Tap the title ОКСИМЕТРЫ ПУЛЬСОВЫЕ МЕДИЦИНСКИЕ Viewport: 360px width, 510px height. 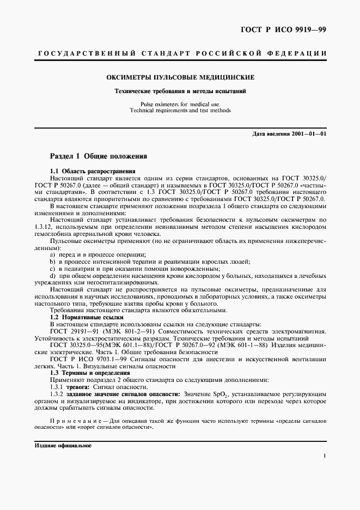[180, 78]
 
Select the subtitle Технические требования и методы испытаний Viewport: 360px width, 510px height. [180, 91]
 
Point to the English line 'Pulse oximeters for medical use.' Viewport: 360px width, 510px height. [180, 104]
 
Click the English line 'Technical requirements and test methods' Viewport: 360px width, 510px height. [180, 110]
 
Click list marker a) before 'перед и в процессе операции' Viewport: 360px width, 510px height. [52, 255]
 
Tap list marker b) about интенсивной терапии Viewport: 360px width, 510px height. [52, 262]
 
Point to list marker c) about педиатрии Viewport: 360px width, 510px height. [52, 269]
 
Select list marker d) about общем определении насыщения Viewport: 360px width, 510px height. [52, 276]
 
